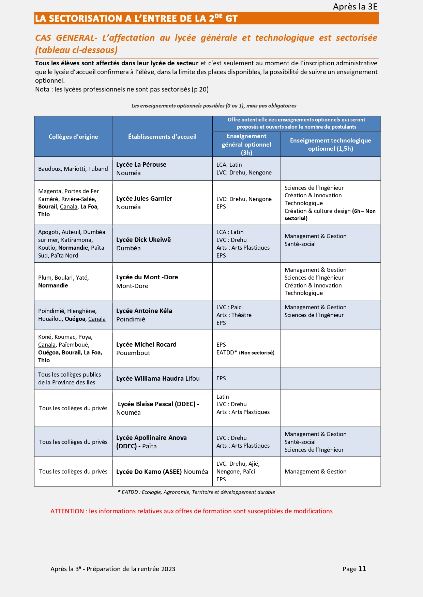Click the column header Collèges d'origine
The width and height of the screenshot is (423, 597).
(73, 137)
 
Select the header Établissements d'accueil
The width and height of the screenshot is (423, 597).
(162, 137)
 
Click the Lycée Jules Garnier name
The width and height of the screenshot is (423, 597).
(144, 199)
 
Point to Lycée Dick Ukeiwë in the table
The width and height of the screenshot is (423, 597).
(143, 240)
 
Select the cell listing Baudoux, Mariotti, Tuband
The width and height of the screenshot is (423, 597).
(73, 169)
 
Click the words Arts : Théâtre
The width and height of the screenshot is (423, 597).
(234, 315)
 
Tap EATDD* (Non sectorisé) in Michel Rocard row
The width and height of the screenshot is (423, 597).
(245, 353)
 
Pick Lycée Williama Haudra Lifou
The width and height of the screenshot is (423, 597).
(158, 379)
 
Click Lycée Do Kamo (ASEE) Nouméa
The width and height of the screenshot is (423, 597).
(162, 472)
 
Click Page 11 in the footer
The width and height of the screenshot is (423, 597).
(354, 569)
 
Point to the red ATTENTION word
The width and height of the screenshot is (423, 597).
(67, 511)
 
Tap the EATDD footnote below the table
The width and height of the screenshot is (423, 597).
(196, 492)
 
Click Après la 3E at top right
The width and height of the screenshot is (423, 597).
(355, 7)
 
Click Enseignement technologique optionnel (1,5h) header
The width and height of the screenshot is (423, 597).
(330, 145)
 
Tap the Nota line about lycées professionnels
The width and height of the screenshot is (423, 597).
(122, 89)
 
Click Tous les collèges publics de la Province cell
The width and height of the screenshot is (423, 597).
(70, 378)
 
